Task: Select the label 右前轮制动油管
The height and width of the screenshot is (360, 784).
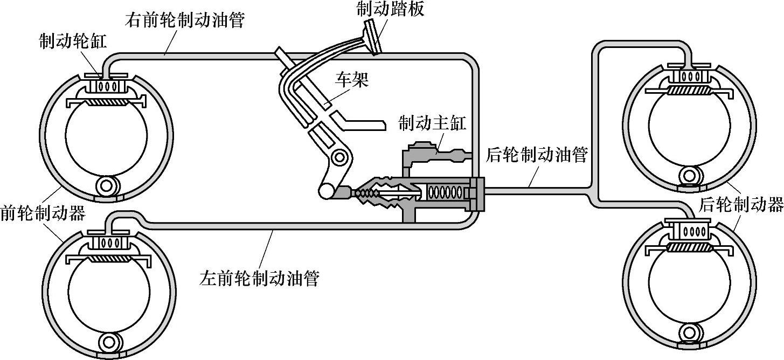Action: point(185,20)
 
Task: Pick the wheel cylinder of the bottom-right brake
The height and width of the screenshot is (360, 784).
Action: point(690,232)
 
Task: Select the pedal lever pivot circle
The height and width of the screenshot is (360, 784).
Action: point(339,157)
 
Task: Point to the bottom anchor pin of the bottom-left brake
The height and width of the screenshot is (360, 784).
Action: point(110,341)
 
